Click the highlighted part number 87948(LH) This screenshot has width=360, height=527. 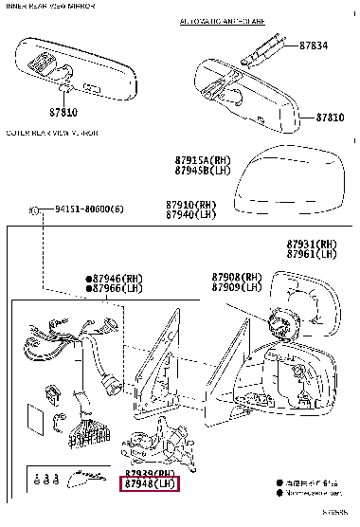pyautogui.click(x=151, y=484)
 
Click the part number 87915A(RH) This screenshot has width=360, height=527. pyautogui.click(x=203, y=160)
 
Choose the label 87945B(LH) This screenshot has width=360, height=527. pyautogui.click(x=203, y=171)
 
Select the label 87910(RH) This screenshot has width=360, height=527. pyautogui.click(x=192, y=204)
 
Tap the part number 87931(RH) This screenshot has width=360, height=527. pyautogui.click(x=313, y=244)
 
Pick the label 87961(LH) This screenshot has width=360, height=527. pyautogui.click(x=313, y=254)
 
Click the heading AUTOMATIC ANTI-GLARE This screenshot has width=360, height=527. pyautogui.click(x=221, y=19)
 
